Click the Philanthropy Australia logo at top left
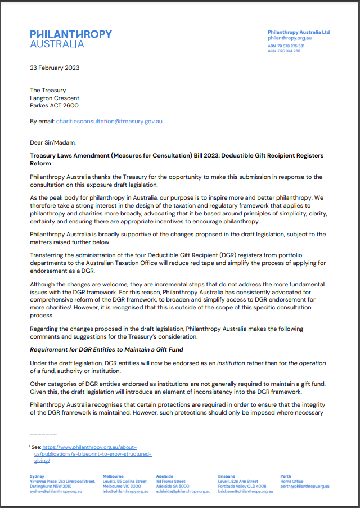click(x=71, y=38)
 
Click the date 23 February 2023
click(x=55, y=68)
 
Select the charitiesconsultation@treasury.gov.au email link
click(x=109, y=121)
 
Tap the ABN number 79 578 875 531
click(x=290, y=46)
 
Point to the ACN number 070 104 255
click(x=288, y=51)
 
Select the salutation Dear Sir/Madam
click(x=52, y=143)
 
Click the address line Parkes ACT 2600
click(x=54, y=105)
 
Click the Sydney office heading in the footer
click(x=37, y=476)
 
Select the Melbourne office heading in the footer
click(x=113, y=476)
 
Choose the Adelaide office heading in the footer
click(x=164, y=476)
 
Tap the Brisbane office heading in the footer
click(x=227, y=476)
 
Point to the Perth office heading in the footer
click(x=286, y=476)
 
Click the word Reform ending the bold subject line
click(x=40, y=164)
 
